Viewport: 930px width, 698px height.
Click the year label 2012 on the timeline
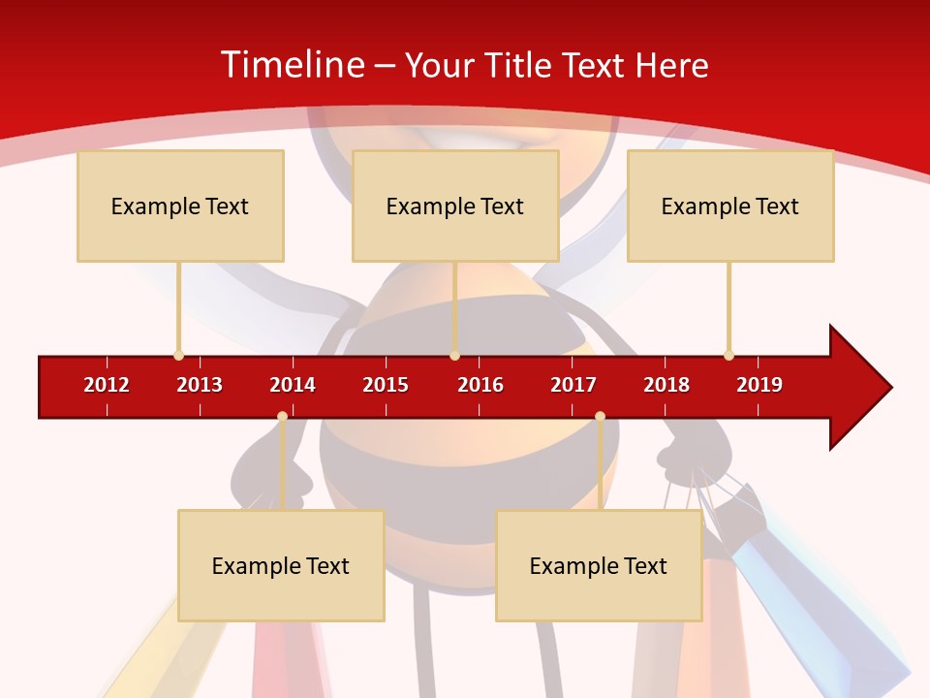[x=107, y=385]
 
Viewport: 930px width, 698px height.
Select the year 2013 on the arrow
[x=200, y=385]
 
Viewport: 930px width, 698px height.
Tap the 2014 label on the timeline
[x=293, y=385]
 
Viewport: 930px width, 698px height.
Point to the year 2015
[x=386, y=385]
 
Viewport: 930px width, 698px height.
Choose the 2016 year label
[x=480, y=385]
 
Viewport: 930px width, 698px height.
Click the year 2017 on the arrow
[x=573, y=385]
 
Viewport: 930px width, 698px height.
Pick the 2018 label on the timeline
[x=666, y=385]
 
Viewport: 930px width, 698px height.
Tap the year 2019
[x=759, y=385]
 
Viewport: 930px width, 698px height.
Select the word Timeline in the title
[x=292, y=65]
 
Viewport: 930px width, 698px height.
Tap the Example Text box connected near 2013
[x=180, y=206]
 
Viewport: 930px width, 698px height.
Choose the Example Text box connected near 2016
[x=455, y=206]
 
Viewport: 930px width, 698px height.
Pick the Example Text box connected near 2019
[x=730, y=206]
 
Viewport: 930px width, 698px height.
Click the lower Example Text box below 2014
[x=281, y=566]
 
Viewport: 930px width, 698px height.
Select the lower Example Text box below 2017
[x=599, y=566]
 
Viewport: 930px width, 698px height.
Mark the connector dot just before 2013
[x=178, y=356]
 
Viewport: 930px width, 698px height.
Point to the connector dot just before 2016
[x=454, y=356]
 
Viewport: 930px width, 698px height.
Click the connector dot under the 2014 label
[x=282, y=416]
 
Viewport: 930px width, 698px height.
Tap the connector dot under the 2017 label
[x=600, y=416]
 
